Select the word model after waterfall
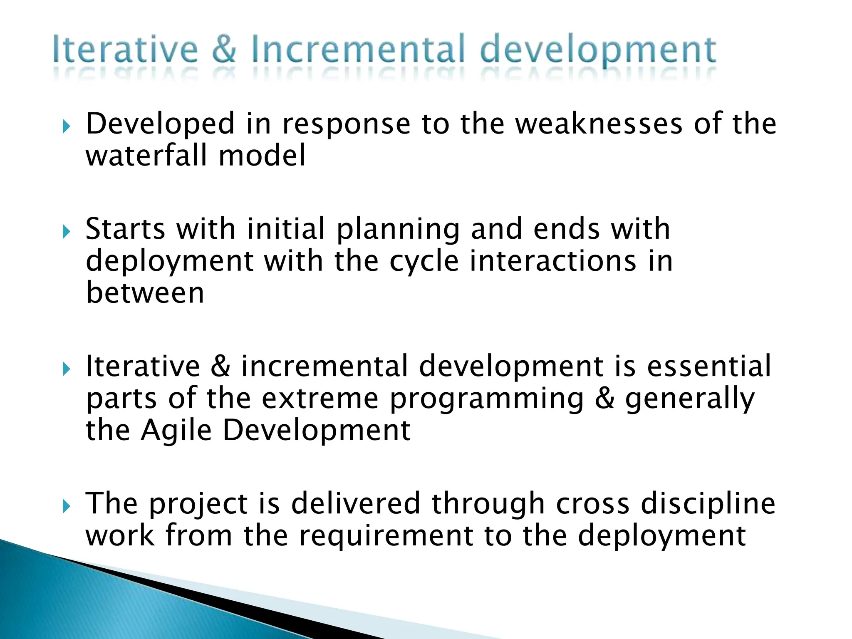point(262,155)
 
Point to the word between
point(145,293)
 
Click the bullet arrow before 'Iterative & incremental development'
point(66,369)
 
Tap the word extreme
point(320,399)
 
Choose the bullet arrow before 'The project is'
point(66,506)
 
